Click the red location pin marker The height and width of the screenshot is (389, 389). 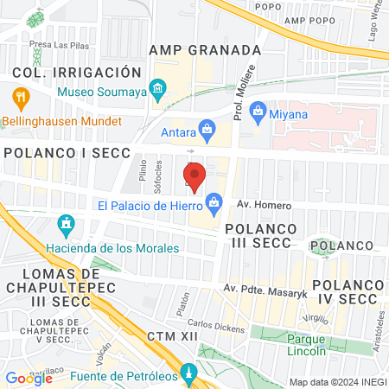pyautogui.click(x=194, y=176)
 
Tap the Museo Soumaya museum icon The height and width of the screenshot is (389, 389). pyautogui.click(x=157, y=90)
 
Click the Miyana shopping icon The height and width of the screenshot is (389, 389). pyautogui.click(x=258, y=111)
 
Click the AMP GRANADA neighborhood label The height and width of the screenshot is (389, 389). pyautogui.click(x=204, y=50)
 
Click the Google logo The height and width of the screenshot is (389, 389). pyautogui.click(x=29, y=378)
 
